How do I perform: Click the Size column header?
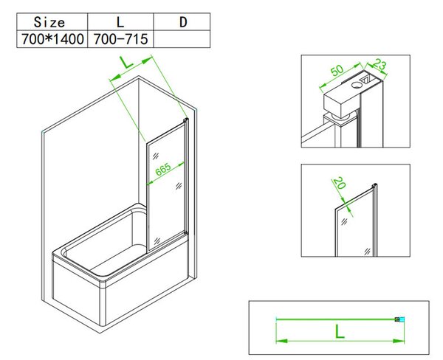coord(49,22)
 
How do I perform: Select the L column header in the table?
coord(120,22)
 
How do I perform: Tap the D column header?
coord(183,22)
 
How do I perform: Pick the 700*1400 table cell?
coord(52,39)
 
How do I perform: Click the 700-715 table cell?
coord(120,39)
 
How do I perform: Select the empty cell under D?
coord(182,39)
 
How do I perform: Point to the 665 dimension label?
coord(163,169)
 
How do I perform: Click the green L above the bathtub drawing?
coord(126,62)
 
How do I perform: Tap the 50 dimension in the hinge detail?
coord(337,70)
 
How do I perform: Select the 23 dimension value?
coord(380,65)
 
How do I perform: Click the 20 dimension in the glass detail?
coord(340,183)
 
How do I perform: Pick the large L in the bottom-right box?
coord(340,331)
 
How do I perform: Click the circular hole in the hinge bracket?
coord(357,84)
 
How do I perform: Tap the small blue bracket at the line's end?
coord(399,319)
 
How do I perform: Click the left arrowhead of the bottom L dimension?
coord(282,341)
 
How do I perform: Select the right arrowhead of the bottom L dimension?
coord(399,341)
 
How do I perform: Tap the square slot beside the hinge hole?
coord(366,80)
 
